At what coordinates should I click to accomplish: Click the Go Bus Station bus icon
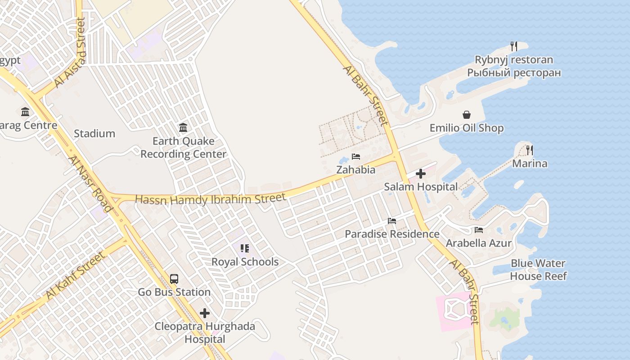tap(174, 279)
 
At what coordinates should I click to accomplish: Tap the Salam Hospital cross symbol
tap(421, 174)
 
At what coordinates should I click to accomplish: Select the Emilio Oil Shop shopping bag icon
tap(467, 115)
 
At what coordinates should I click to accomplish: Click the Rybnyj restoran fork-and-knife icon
tap(514, 46)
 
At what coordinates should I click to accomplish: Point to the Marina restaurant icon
tap(530, 150)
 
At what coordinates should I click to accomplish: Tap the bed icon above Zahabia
tap(356, 157)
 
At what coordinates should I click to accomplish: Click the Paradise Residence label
tap(392, 234)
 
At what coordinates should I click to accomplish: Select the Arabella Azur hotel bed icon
tap(479, 230)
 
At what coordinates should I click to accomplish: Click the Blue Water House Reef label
tap(538, 270)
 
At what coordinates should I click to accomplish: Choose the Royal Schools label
tap(245, 262)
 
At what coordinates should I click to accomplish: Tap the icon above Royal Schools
tap(245, 248)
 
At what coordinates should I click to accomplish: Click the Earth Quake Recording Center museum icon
tap(183, 128)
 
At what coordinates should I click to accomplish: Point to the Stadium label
tap(94, 134)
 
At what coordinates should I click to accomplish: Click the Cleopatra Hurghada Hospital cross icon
tap(205, 313)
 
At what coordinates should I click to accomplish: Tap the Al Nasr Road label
tap(90, 184)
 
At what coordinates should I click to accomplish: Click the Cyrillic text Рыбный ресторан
tap(514, 72)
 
